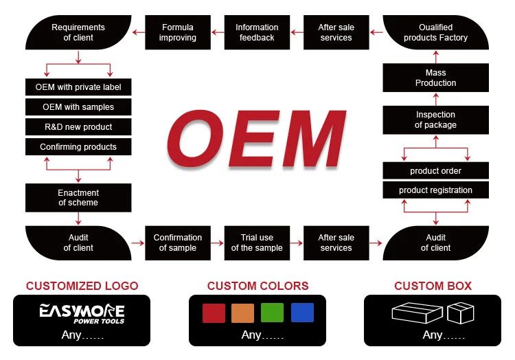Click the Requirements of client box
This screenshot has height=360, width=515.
click(78, 32)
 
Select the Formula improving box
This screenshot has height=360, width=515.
click(178, 32)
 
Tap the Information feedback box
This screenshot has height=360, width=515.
click(257, 32)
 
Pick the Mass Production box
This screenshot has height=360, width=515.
click(435, 78)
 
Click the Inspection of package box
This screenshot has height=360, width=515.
click(435, 120)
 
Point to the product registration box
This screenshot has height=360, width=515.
click(435, 190)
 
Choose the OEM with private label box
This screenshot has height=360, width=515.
click(78, 87)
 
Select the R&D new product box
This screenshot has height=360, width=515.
click(78, 127)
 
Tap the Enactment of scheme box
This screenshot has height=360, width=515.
click(78, 198)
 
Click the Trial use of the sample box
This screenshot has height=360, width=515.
click(257, 243)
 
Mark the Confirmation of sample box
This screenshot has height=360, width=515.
click(178, 243)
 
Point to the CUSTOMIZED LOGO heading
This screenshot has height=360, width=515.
click(82, 286)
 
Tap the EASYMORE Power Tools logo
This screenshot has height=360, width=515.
click(82, 313)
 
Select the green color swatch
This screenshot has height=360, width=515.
click(273, 313)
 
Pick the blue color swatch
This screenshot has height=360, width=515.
click(302, 313)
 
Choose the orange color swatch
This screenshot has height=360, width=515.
click(243, 313)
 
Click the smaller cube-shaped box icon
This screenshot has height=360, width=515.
click(461, 313)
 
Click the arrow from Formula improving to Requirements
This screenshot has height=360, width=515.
click(138, 32)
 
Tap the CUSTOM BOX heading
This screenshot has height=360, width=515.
click(433, 286)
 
